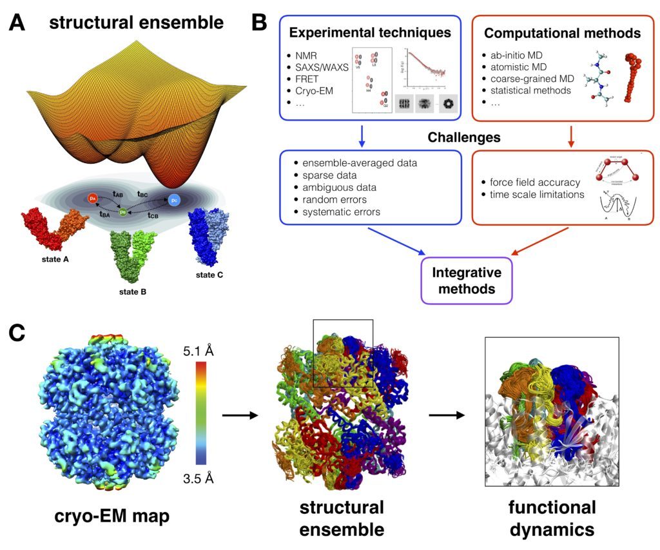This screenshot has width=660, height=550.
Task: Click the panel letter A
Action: (x=17, y=24)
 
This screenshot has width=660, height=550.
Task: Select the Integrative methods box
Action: (x=467, y=280)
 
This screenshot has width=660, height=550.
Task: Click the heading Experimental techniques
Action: (x=369, y=32)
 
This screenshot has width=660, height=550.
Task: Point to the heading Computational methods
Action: (x=562, y=32)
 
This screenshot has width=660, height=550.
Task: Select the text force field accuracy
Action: (x=535, y=182)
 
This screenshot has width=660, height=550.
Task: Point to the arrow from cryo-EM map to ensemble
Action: (x=240, y=415)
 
